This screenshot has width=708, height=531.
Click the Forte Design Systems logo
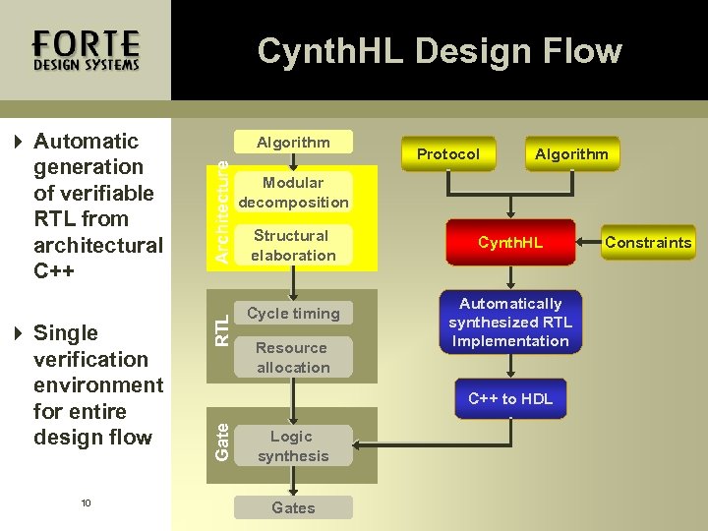coord(86,50)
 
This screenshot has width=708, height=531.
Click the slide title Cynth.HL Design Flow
coord(440,50)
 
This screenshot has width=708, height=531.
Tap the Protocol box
coord(448,153)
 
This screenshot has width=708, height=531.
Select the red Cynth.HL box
coord(510,242)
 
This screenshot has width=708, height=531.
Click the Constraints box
coord(648,242)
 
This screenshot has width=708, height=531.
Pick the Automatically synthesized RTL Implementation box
coord(510,323)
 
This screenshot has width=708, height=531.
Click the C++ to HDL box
coord(510,398)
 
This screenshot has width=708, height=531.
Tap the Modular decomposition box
coord(293,192)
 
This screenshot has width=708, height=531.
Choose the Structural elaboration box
coord(293,245)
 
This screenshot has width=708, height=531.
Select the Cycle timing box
coord(293,314)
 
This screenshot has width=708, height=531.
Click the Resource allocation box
coord(293,357)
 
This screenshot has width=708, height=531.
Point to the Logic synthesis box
coord(293,445)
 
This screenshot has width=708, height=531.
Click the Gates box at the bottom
coord(293,507)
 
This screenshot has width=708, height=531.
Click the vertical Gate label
coord(223,441)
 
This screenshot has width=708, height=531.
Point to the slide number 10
coord(86,503)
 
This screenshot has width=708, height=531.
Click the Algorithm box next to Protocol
coord(571,153)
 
